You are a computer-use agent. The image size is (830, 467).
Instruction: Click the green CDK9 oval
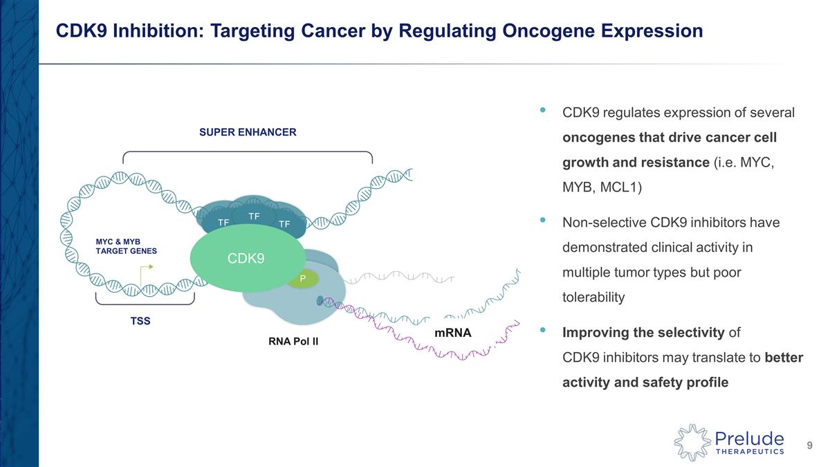[x=248, y=258]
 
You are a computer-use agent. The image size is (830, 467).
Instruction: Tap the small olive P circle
[x=303, y=278]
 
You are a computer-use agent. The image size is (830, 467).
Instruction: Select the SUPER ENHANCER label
[x=248, y=132]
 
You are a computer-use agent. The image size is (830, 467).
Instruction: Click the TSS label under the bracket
[x=140, y=320]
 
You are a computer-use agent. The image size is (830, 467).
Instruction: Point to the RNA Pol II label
[x=293, y=341]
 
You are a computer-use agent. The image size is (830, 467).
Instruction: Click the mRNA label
[x=453, y=333]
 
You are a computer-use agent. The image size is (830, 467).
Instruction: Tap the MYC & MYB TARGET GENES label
[x=126, y=246]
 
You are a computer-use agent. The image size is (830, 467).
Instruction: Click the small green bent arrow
[x=145, y=273]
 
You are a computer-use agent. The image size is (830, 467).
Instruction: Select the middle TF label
[x=255, y=216]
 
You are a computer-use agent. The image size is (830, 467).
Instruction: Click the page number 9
[x=810, y=445]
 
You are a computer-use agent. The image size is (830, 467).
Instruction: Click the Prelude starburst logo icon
[x=692, y=443]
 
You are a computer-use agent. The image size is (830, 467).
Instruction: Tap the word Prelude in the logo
[x=749, y=439]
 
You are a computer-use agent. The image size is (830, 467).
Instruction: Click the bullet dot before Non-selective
[x=543, y=220]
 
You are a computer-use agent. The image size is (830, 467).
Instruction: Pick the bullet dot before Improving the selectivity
[x=543, y=329]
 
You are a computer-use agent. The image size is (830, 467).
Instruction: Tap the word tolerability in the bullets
[x=593, y=297]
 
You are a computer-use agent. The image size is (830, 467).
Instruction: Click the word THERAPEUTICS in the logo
[x=750, y=451]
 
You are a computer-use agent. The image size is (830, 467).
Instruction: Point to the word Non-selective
[x=604, y=222]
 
